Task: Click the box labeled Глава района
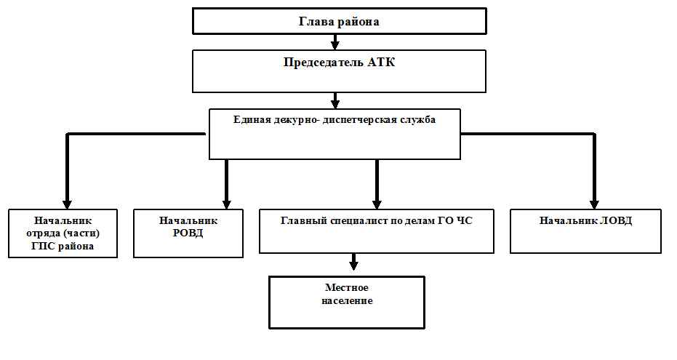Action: (340, 20)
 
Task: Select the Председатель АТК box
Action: (340, 71)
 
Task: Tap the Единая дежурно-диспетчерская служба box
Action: (335, 134)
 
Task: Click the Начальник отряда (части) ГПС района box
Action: (63, 233)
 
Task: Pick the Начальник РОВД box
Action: (188, 233)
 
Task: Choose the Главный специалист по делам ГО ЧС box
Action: (377, 231)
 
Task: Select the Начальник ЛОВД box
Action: (585, 231)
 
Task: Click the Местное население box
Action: (347, 303)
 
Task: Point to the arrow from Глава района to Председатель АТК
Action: (335, 42)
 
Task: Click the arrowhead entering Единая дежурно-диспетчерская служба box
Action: (335, 104)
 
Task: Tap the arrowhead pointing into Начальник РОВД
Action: (226, 204)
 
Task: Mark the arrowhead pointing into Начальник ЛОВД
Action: (594, 204)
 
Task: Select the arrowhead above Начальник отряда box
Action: (67, 204)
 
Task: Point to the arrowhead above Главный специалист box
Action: (377, 204)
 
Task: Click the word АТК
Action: (381, 62)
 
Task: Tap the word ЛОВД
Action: (616, 220)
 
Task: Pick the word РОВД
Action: (188, 233)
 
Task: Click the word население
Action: (347, 301)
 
